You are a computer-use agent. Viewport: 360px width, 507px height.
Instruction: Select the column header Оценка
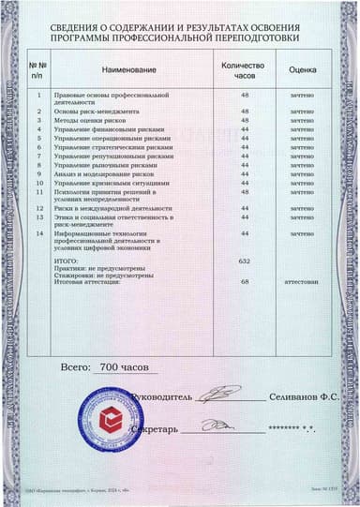click(302, 70)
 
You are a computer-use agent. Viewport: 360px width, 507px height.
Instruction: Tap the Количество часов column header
click(244, 70)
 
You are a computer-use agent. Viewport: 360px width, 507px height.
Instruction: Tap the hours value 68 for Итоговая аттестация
click(245, 281)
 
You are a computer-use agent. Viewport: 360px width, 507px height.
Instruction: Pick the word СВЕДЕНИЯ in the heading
click(85, 29)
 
